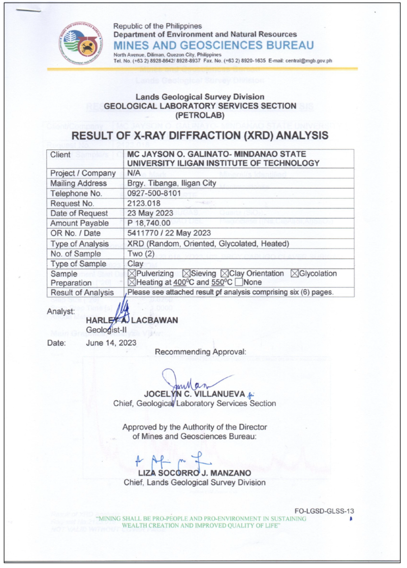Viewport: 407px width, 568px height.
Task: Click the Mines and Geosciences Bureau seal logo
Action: (x=81, y=43)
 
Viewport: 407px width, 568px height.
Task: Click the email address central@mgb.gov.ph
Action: (x=308, y=61)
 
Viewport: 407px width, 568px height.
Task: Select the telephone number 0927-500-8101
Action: (x=154, y=193)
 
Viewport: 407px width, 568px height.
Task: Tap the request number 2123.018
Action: (x=144, y=203)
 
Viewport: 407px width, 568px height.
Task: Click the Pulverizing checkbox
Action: (x=132, y=274)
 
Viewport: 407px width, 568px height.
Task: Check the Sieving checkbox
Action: (x=186, y=274)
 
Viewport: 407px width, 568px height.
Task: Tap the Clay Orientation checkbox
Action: (x=225, y=274)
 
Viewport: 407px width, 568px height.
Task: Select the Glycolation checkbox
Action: (x=295, y=274)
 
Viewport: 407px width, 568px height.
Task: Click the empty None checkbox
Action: (x=239, y=282)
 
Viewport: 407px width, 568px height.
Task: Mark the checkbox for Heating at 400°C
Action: (x=132, y=282)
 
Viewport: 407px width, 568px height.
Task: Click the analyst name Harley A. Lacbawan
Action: (x=132, y=320)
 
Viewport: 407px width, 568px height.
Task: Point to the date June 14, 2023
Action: (x=111, y=343)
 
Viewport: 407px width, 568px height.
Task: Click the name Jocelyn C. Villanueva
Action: (x=194, y=394)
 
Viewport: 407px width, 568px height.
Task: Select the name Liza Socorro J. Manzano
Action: (x=194, y=473)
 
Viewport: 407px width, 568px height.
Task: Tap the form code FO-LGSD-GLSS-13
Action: (x=324, y=511)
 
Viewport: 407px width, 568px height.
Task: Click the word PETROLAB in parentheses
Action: (x=200, y=115)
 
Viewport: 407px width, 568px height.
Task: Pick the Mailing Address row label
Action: (x=78, y=183)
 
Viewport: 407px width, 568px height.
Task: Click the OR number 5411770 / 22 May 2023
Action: (x=169, y=233)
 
